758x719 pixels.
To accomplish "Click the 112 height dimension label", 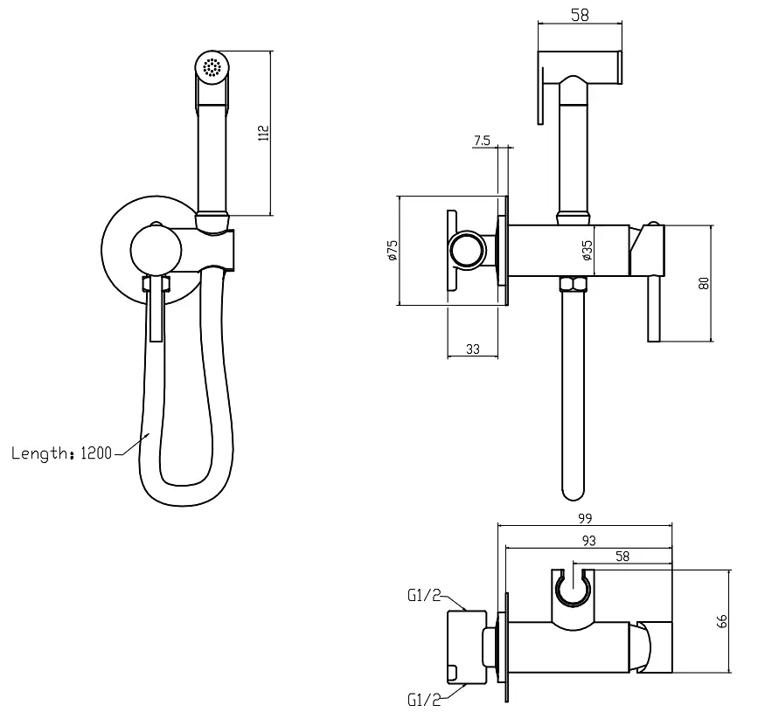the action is coord(263,133).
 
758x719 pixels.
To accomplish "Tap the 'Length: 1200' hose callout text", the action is coord(61,453).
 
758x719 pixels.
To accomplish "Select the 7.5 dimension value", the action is coord(482,141).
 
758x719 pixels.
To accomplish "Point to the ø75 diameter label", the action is coord(393,251).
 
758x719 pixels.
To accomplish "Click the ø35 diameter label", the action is coord(587,251).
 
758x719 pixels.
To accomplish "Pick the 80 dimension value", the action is coord(705,283).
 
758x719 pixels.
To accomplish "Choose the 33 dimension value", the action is coord(473,349).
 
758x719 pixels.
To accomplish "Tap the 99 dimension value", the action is coord(585,518).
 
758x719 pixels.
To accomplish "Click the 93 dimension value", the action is coord(588,541).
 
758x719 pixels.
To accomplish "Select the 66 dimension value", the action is coord(721,621).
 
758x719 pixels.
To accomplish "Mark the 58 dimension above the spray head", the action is coord(581,15).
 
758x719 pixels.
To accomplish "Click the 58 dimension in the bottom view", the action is coord(622,557).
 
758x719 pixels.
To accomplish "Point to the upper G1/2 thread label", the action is coord(424,596).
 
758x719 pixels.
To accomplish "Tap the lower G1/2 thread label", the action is coord(424,700).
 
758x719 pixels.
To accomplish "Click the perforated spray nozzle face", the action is coord(212,67).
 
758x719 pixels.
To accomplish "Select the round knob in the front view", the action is coord(156,250).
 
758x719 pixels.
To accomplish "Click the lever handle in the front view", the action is coord(156,308).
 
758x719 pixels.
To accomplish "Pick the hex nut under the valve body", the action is coord(573,284).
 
